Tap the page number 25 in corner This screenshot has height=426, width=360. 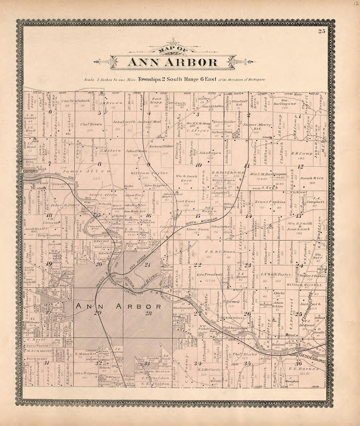point(321,31)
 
